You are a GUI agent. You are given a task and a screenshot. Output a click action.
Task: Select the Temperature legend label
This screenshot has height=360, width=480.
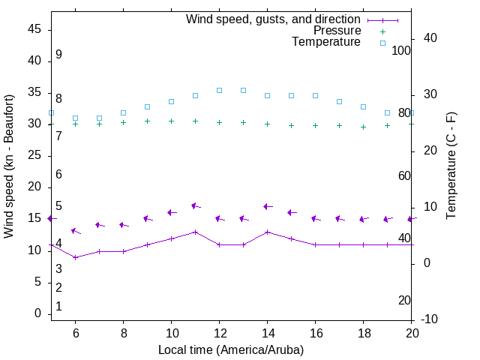point(326,42)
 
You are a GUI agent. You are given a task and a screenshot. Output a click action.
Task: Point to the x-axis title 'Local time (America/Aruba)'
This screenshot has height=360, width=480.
point(231,349)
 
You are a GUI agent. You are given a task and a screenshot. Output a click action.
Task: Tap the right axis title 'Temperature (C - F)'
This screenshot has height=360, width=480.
point(451,166)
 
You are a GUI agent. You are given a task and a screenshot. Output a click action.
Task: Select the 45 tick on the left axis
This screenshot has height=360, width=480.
point(34,29)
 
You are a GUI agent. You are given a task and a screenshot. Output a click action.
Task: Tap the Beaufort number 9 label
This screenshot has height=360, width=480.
point(58,55)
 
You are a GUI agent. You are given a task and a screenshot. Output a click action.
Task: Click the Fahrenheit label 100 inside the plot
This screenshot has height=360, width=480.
point(401,51)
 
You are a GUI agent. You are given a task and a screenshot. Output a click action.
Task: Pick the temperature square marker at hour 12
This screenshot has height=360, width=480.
point(219,90)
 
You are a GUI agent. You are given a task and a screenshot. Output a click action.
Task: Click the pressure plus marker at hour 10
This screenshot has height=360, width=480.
point(171,121)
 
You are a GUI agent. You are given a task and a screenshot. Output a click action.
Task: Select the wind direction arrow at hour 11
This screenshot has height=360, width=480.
point(195,205)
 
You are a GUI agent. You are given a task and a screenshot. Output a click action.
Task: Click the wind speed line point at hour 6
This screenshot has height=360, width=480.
point(75,257)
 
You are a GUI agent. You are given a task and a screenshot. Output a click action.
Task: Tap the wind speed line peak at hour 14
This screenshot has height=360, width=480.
point(267,232)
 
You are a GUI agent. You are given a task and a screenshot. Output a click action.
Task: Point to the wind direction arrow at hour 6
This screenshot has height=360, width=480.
point(75,231)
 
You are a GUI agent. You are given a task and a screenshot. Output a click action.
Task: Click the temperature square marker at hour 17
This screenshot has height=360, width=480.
point(339,101)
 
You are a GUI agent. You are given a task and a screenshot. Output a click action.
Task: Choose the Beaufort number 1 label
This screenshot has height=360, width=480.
point(58,307)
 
